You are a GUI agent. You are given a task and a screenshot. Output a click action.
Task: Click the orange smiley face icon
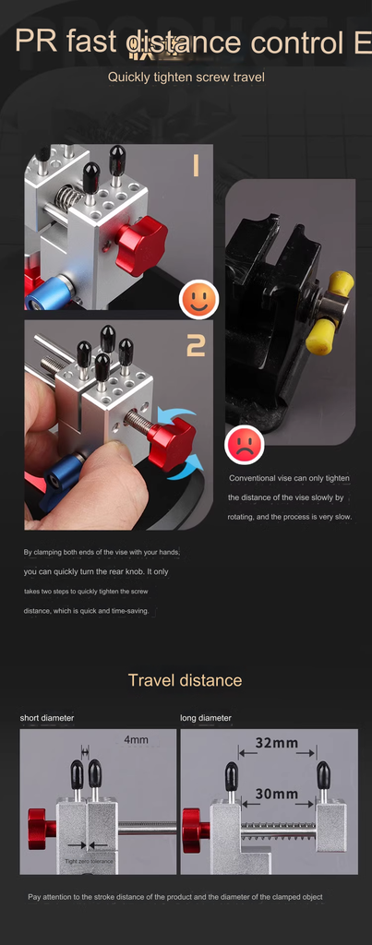198,298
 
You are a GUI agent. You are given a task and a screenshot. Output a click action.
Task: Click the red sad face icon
245,446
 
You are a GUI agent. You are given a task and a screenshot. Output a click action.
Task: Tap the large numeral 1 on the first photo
196,165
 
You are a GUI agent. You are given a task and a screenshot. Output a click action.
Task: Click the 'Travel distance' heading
185,680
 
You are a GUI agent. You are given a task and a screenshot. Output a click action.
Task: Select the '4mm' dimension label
136,739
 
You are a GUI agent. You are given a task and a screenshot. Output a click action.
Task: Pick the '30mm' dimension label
276,793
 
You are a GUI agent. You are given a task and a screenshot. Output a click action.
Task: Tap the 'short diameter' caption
47,717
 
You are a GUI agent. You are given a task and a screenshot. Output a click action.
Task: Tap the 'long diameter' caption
206,717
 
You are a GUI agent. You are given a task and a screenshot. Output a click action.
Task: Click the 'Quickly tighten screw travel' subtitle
186,77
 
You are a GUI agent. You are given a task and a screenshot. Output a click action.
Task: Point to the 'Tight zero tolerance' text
90,861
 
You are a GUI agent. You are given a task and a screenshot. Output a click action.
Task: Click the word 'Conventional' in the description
252,478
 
